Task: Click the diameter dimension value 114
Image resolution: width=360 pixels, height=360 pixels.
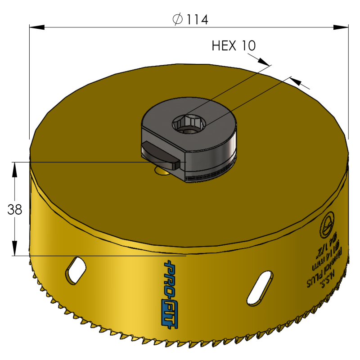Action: [x=197, y=19]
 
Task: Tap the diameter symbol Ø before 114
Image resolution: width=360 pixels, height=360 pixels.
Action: [x=177, y=19]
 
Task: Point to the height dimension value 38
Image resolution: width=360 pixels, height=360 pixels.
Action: [x=15, y=209]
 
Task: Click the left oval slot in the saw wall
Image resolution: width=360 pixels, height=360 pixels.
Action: [x=76, y=270]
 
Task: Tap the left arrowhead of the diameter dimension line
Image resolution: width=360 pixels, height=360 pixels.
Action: [x=36, y=27]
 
